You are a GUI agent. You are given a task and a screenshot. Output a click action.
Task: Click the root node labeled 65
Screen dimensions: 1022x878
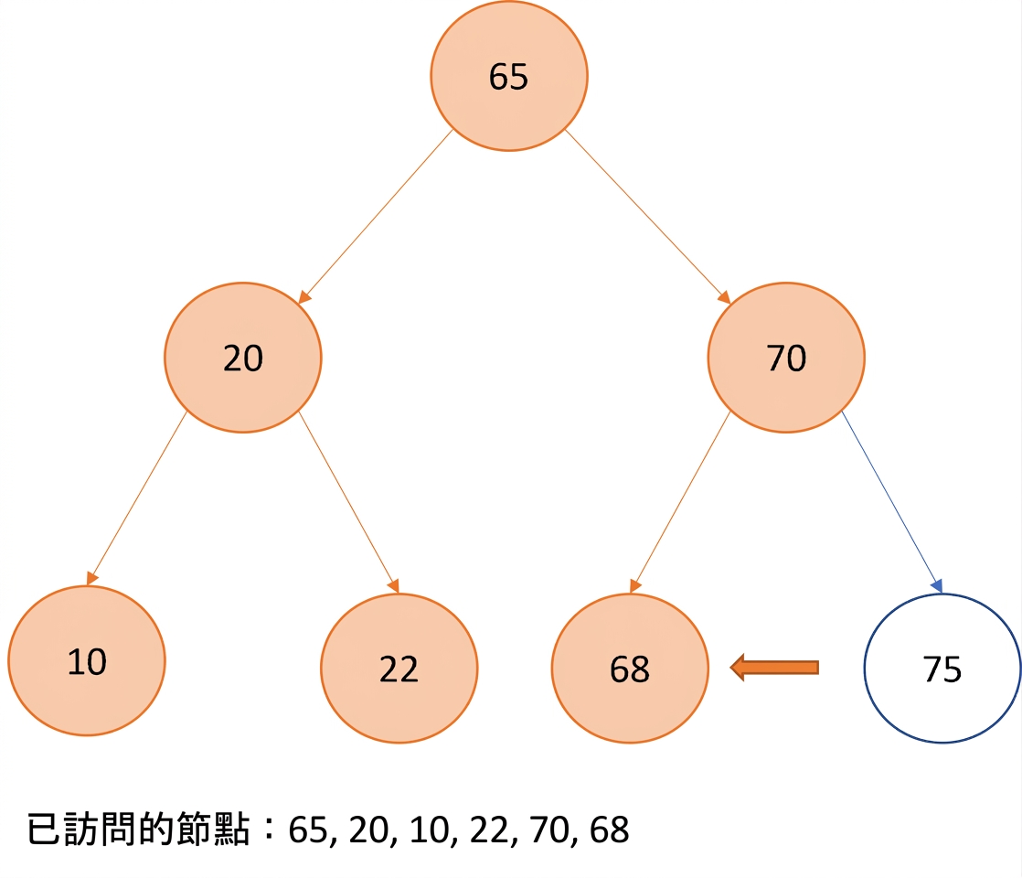coord(509,76)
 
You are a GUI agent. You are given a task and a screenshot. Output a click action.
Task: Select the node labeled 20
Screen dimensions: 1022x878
coord(243,358)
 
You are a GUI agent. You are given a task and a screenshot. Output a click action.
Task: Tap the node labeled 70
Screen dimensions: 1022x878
coord(786,358)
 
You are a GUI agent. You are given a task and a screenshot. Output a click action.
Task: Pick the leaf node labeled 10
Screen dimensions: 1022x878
coord(87,660)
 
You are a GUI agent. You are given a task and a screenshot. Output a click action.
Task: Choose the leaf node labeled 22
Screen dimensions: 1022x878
coord(399,668)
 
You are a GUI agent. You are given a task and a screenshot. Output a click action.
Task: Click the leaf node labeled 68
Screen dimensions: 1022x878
coord(630,668)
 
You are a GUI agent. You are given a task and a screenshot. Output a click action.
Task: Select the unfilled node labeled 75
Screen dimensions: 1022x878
coord(942,668)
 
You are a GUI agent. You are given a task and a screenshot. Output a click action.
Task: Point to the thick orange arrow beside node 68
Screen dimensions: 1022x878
coord(774,668)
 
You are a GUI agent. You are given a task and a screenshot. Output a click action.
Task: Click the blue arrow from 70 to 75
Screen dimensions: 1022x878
coord(891,501)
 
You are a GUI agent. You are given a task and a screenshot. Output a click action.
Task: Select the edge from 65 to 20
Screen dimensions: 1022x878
coord(376,217)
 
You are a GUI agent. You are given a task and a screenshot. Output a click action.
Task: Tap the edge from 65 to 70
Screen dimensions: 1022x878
coord(647,217)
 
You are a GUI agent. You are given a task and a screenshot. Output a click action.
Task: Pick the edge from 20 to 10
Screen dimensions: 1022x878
coord(137,498)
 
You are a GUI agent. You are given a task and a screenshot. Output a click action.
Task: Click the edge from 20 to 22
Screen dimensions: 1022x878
coord(348,502)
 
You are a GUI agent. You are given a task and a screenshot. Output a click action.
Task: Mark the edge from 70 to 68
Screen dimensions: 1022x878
coord(680,502)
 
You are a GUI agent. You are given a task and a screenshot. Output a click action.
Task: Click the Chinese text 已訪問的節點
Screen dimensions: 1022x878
coord(138,830)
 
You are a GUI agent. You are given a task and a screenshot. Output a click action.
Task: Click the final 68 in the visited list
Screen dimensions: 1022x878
coord(610,830)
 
